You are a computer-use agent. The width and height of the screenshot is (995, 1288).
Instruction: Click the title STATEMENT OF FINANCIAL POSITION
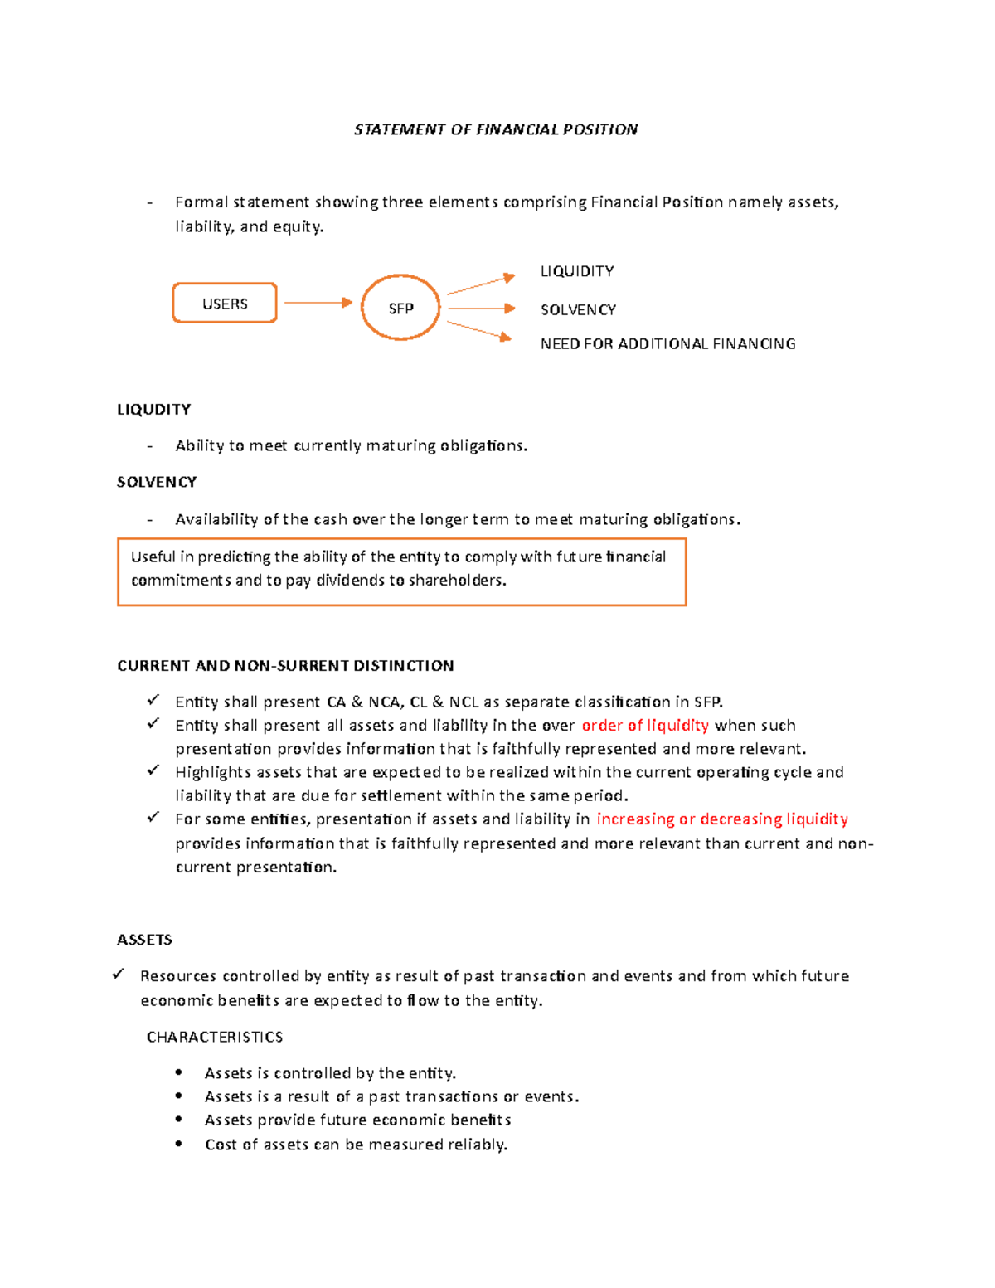coord(496,129)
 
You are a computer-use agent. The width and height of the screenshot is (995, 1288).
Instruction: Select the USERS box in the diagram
coord(225,304)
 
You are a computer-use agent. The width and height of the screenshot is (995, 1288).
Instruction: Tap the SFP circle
coord(400,308)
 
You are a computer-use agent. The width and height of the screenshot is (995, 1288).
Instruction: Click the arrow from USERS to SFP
coord(318,303)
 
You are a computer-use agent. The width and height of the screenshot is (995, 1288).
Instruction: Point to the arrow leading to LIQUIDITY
coord(481,284)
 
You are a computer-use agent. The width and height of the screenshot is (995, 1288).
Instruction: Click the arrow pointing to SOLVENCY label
coord(482,309)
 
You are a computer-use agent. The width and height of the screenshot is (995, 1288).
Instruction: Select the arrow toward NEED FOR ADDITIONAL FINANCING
coord(479,330)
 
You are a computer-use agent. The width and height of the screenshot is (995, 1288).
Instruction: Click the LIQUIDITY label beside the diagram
coord(577,271)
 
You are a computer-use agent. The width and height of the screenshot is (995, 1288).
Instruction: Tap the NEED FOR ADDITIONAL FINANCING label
coord(667,343)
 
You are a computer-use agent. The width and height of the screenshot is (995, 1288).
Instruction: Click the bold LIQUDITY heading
coord(154,409)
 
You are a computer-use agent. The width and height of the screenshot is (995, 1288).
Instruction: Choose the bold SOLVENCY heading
coord(157,482)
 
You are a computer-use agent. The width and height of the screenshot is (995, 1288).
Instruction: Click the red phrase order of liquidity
coord(645,725)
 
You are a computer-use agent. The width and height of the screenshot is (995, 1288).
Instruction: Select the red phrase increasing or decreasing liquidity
coord(722,819)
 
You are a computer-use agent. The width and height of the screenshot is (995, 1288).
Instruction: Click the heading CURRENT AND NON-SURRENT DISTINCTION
coord(285,665)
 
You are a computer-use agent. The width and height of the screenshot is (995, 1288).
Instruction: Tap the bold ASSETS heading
coord(144,939)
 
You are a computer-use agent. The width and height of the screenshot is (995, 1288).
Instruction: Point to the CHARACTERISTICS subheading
coord(215,1037)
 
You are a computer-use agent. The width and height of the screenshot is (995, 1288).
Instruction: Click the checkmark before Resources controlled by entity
coord(119,975)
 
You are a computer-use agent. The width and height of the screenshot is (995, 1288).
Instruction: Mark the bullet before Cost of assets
coord(178,1144)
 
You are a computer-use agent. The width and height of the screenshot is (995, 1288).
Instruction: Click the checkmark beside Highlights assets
coord(153,770)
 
